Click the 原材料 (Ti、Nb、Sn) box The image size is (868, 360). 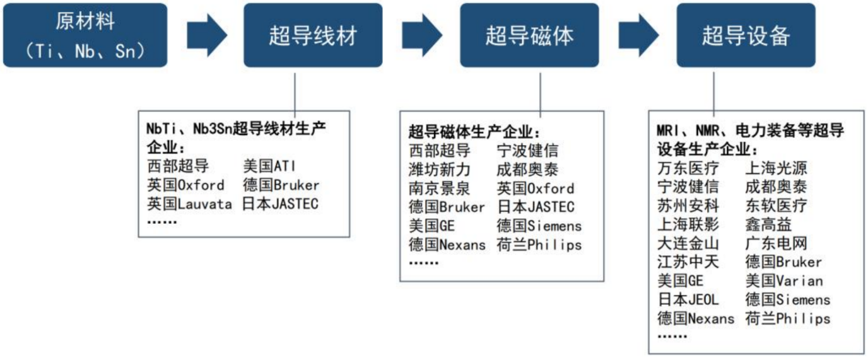pyautogui.click(x=85, y=35)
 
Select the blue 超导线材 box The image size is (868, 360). pyautogui.click(x=313, y=35)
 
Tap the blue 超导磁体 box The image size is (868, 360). pyautogui.click(x=529, y=35)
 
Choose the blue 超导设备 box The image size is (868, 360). pyautogui.click(x=746, y=35)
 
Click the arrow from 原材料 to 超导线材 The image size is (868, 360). pyautogui.click(x=207, y=35)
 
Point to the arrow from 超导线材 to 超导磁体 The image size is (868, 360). pyautogui.click(x=422, y=35)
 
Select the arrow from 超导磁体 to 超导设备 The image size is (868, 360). pyautogui.click(x=638, y=35)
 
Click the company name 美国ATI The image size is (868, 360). pyautogui.click(x=269, y=166)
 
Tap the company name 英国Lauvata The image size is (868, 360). pyautogui.click(x=189, y=204)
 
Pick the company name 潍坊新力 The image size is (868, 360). pyautogui.click(x=440, y=170)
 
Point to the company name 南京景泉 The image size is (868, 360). pyautogui.click(x=440, y=189)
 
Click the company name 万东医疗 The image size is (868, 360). pyautogui.click(x=688, y=168)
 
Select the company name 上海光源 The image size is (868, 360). pyautogui.click(x=776, y=168)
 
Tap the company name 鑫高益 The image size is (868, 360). pyautogui.click(x=768, y=224)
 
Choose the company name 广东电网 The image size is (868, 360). pyautogui.click(x=776, y=243)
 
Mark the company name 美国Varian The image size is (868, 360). pyautogui.click(x=784, y=281)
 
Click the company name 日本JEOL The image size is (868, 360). pyautogui.click(x=688, y=299)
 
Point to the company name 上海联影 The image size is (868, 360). pyautogui.click(x=688, y=224)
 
